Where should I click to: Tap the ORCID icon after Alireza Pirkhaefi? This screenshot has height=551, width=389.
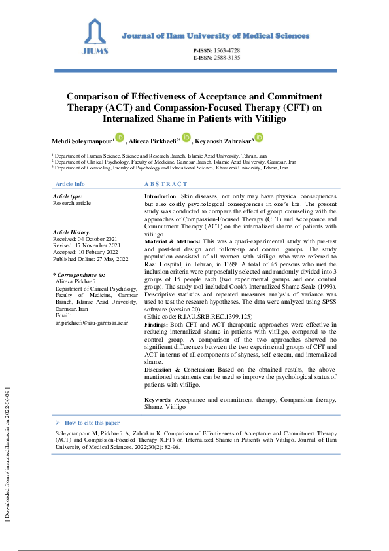(186, 137)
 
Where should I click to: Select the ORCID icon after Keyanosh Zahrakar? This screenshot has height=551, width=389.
(259, 137)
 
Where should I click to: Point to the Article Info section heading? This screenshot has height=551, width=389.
(70, 184)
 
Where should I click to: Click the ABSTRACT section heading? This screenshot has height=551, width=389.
(165, 184)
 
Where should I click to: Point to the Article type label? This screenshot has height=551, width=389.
(67, 196)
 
